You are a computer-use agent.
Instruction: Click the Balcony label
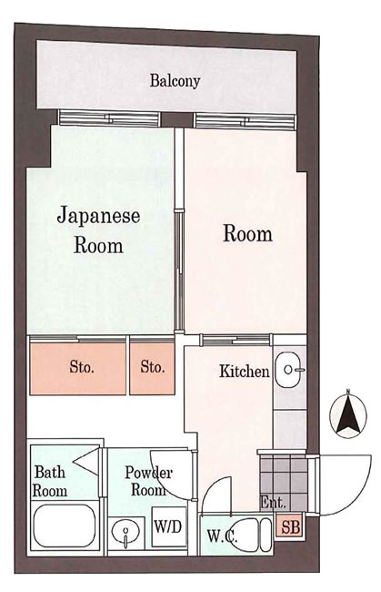coord(175,81)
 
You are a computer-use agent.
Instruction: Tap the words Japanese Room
coord(98,230)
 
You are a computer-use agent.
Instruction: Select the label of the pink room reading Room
coord(247,233)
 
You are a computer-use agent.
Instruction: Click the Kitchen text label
coord(244,372)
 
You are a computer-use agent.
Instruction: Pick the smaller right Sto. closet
coord(152,368)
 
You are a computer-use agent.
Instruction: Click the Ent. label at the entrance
coord(272,503)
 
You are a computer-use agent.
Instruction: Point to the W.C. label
coord(222,536)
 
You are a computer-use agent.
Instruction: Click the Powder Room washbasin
coord(123,531)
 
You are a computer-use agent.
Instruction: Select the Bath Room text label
coord(51,481)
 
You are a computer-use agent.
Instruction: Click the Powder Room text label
coord(148,481)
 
